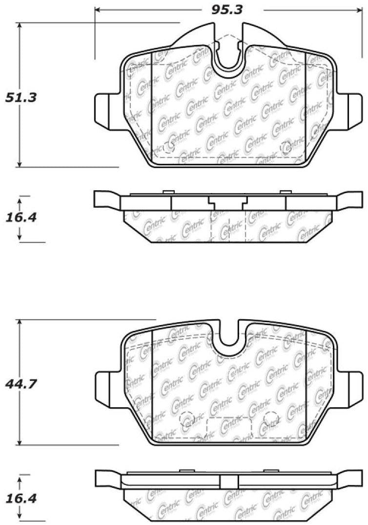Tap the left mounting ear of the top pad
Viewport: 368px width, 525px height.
point(104,109)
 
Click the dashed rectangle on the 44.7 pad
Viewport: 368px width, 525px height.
point(229,427)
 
